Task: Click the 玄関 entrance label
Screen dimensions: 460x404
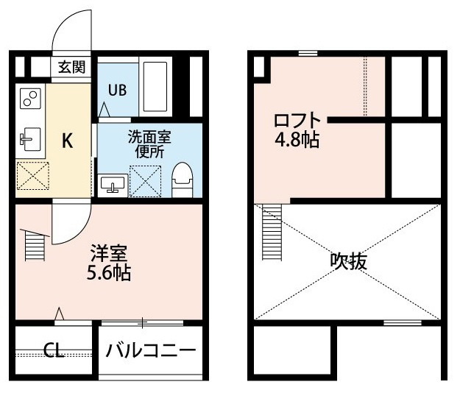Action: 71,67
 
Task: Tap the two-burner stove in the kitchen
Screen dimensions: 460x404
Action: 30,99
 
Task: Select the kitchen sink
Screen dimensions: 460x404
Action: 30,139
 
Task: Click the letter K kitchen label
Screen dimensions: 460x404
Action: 68,141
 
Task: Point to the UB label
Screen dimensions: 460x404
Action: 117,90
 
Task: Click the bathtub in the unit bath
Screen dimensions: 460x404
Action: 155,87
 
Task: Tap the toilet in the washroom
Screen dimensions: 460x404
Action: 183,180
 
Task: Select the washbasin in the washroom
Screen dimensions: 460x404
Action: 113,185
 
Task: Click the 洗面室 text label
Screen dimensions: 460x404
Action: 149,137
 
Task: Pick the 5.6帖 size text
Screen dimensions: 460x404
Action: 109,274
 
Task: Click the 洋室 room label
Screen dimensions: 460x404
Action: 109,253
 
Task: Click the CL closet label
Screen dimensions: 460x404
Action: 54,350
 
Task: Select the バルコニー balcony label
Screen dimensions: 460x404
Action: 150,350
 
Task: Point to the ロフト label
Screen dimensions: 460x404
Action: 297,120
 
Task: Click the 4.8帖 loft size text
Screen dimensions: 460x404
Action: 297,140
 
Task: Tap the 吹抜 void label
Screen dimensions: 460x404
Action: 349,261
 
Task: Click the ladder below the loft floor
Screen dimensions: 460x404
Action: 272,232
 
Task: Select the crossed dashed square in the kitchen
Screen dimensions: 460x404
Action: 33,176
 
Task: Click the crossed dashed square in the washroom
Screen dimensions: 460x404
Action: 146,182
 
